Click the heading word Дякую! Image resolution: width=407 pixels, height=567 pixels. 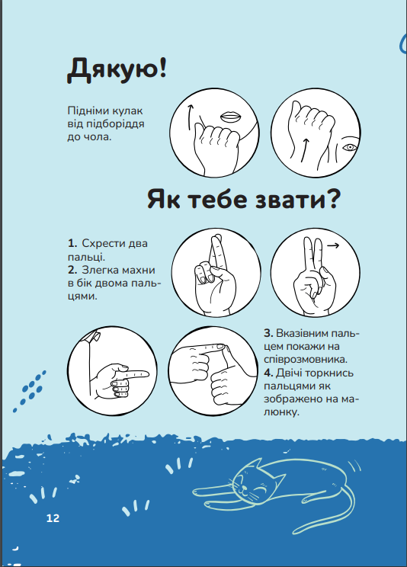(117, 70)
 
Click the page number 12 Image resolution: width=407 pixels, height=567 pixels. (53, 518)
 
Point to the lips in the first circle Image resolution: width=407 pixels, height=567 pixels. (231, 117)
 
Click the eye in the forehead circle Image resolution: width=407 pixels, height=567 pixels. (350, 147)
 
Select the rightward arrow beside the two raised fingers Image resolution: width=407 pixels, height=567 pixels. (333, 245)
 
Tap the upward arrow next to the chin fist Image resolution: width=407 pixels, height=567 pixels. (190, 117)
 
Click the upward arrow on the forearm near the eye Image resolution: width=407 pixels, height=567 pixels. (305, 150)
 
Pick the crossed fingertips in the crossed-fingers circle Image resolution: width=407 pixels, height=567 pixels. (216, 240)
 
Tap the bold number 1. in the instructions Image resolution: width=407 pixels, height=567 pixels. (72, 243)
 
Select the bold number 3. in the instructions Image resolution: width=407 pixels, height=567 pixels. (268, 333)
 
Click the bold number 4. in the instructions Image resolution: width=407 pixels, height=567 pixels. (268, 373)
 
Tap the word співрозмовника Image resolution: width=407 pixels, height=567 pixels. (305, 360)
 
